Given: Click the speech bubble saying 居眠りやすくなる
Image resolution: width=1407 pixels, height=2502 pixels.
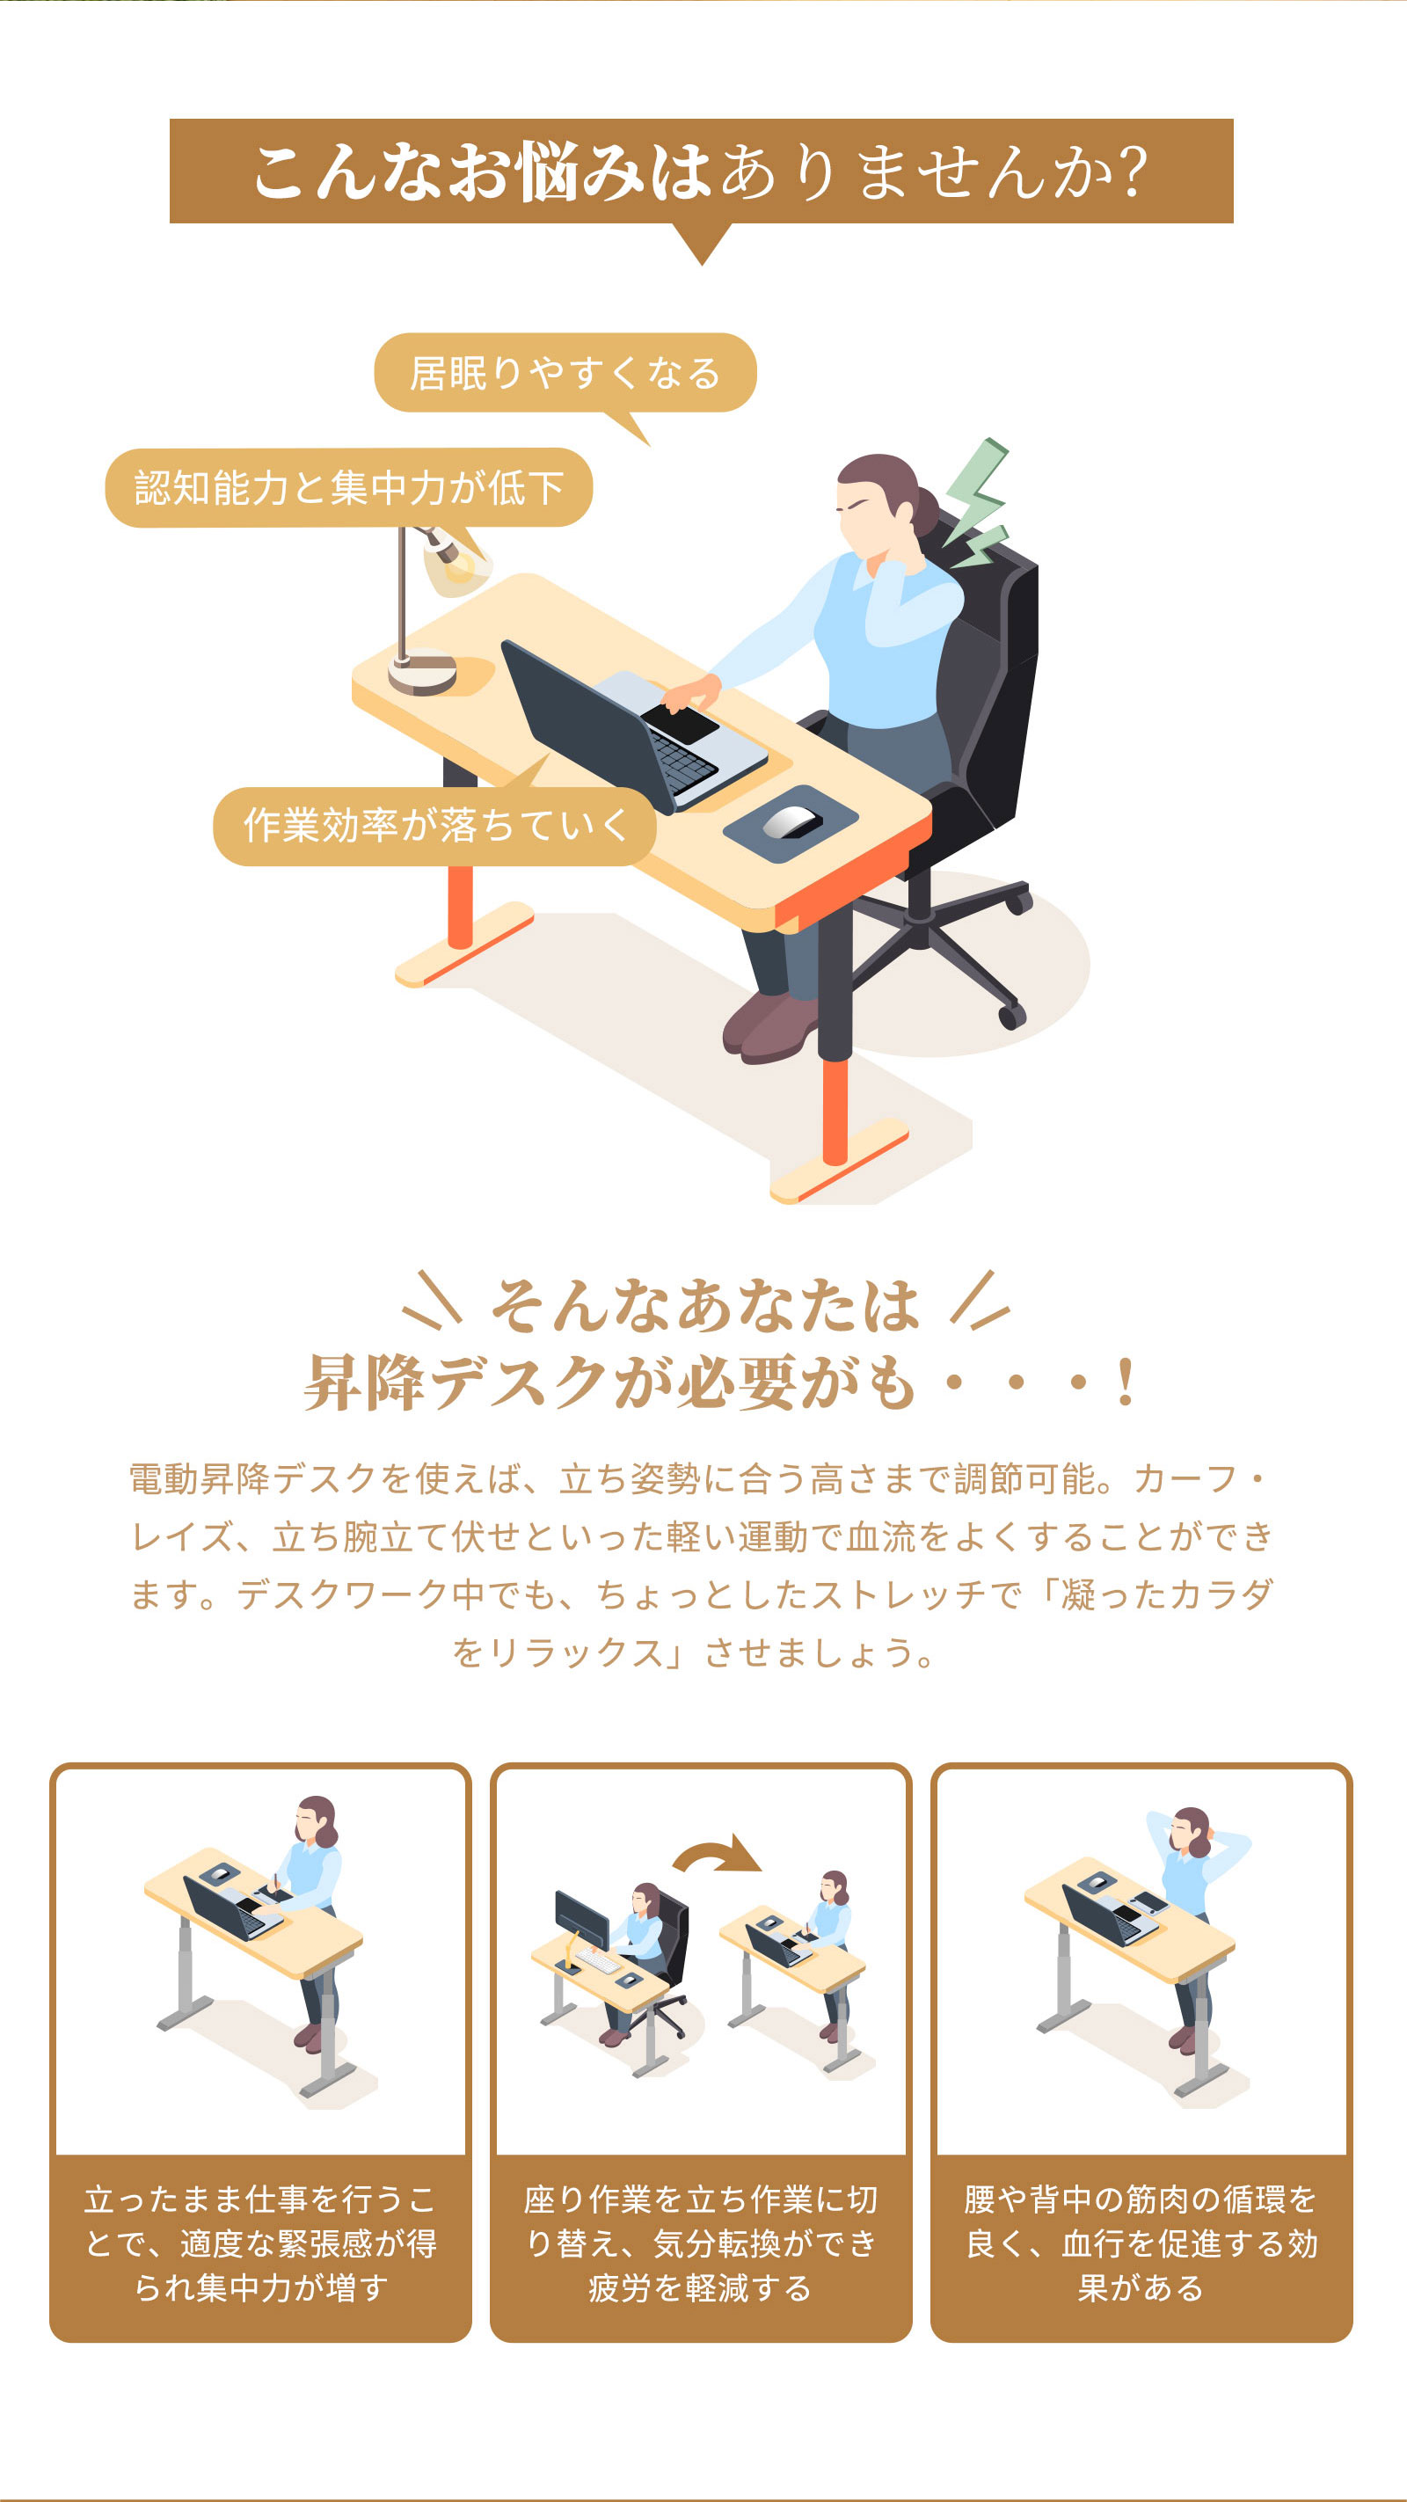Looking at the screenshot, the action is pos(565,373).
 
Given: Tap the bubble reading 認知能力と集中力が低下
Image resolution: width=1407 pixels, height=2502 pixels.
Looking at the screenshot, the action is pos(348,487).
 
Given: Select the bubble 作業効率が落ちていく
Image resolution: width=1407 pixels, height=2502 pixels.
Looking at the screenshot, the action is pos(434,826).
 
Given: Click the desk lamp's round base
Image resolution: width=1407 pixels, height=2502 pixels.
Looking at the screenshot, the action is pos(422,672).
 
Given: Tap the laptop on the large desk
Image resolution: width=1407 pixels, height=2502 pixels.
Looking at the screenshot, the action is pos(631,724).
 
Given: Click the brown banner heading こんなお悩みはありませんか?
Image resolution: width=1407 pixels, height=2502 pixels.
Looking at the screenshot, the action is pos(701,171).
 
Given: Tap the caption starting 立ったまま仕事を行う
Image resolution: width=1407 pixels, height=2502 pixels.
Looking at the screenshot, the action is pos(260,2243).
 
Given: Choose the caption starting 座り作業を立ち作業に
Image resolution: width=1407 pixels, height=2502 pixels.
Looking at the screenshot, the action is pos(701,2243).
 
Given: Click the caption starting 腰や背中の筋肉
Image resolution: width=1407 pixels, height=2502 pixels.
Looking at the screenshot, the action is pos(1141,2243).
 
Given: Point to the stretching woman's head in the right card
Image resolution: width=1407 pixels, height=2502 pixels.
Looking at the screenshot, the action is pos(1192,1831).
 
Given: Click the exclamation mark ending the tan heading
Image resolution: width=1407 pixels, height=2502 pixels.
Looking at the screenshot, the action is pos(1126,1382).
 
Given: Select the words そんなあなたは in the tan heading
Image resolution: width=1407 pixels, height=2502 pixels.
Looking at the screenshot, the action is pos(705,1304).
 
